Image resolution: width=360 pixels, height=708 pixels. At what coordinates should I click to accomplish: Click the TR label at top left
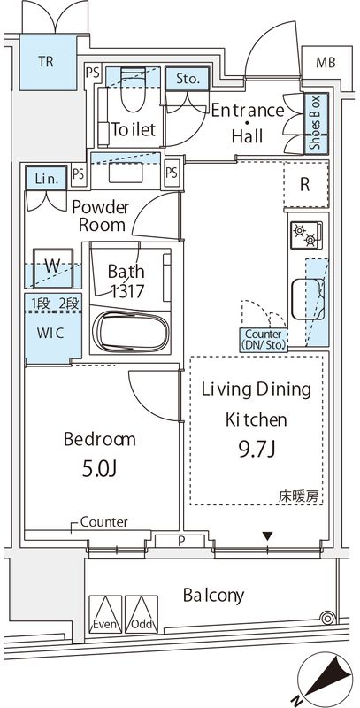tap(43, 62)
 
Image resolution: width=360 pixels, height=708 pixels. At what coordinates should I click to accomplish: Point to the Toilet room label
tap(133, 129)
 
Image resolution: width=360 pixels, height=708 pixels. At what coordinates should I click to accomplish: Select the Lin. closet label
tap(43, 178)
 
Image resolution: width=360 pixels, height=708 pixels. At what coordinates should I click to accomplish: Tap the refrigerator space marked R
tap(304, 186)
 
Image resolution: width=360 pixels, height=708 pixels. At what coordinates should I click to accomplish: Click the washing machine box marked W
tap(51, 266)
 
